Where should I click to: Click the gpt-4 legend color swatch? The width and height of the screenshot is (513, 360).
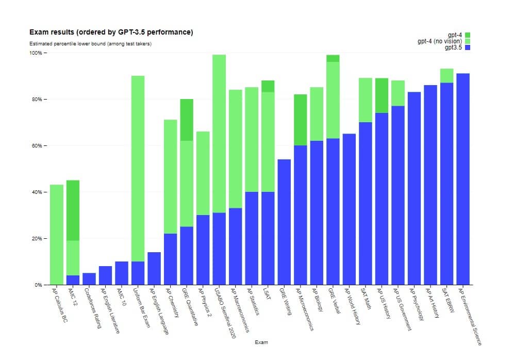coord(468,35)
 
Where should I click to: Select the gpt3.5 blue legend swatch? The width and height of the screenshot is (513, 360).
coord(468,47)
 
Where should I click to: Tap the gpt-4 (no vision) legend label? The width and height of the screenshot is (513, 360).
coord(440,41)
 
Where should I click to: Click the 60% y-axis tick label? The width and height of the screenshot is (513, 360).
coord(37,145)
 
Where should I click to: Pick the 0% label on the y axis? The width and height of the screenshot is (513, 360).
coord(38,285)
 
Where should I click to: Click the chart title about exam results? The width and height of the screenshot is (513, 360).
coord(111,32)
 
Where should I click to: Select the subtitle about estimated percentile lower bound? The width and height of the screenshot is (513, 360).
coord(90,44)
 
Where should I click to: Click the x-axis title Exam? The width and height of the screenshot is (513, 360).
coord(261,342)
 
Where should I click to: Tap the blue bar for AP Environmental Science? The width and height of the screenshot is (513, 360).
coord(463,179)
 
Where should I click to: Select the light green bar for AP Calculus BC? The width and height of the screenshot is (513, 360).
coord(57,235)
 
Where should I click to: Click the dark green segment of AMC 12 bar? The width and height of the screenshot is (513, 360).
coord(73,210)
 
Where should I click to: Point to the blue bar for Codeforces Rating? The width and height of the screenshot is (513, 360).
coord(89,279)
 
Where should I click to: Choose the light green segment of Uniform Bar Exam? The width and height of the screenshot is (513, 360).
coord(138,169)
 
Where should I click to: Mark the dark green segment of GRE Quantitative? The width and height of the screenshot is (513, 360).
coord(187,120)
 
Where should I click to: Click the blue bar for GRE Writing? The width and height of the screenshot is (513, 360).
coord(284,222)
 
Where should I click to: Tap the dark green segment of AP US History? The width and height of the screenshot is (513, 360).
coord(382,95)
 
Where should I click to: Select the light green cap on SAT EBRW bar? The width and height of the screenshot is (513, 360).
coord(447,76)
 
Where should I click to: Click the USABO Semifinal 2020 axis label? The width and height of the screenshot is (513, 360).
coord(225,313)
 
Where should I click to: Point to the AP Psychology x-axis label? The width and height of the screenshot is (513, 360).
coord(417,304)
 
